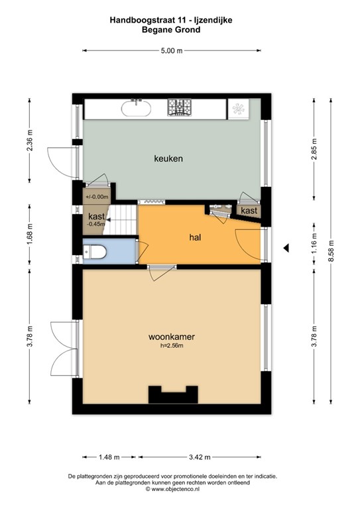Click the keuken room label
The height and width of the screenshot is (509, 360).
pyautogui.click(x=168, y=159)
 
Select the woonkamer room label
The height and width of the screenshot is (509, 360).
pyautogui.click(x=171, y=337)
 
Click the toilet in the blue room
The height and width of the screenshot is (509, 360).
pyautogui.click(x=95, y=251)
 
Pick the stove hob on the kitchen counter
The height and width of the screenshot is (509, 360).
pyautogui.click(x=179, y=107)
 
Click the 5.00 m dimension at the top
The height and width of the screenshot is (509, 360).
pyautogui.click(x=171, y=50)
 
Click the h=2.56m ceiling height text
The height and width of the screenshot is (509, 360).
pyautogui.click(x=171, y=345)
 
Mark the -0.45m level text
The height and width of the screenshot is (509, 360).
pyautogui.click(x=95, y=223)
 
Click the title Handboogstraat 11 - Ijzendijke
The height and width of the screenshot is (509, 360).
pyautogui.click(x=171, y=21)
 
